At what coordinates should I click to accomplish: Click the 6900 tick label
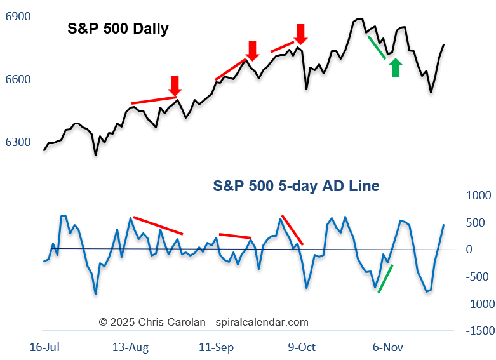18,17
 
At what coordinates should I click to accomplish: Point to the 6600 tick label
18,80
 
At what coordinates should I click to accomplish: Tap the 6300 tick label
18,142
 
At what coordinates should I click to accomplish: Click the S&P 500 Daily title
118,29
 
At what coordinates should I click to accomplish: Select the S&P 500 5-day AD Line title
296,186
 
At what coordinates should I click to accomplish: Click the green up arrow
396,67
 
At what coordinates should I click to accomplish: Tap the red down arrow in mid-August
175,85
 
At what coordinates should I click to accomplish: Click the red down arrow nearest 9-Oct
300,34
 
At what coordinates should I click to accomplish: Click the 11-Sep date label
217,347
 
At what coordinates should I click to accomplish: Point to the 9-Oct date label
302,347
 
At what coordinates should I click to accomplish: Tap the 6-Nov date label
387,347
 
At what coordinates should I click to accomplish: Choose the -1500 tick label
480,331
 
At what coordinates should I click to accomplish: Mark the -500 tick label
480,277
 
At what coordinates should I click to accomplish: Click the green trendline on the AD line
385,278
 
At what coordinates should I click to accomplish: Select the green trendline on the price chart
377,47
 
